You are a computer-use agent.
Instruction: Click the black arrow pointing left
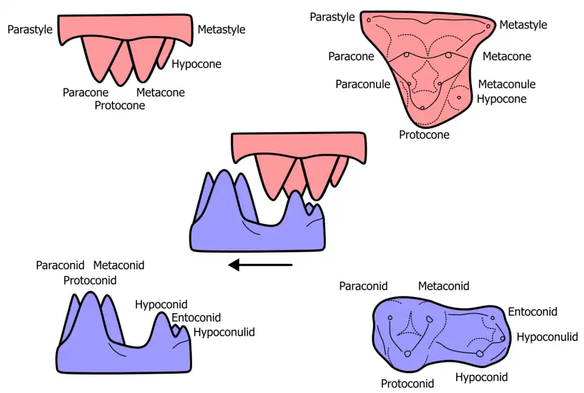(260, 265)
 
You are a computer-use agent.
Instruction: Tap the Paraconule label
(363, 84)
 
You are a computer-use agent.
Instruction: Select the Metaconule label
(507, 84)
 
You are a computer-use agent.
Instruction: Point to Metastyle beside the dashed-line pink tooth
(523, 25)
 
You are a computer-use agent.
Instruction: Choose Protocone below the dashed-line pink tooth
(424, 134)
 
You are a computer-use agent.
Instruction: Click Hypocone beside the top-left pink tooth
(196, 64)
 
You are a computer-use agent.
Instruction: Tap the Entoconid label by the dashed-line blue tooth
(532, 312)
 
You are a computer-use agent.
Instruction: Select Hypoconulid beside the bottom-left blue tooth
(224, 332)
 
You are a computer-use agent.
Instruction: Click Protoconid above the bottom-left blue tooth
(90, 280)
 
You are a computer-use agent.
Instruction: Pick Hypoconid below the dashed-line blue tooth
(481, 377)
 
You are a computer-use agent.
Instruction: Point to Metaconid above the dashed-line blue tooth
(443, 285)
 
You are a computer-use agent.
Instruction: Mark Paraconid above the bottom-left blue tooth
(60, 265)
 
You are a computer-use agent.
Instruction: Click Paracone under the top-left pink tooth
(86, 92)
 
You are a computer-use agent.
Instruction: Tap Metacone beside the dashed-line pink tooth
(507, 57)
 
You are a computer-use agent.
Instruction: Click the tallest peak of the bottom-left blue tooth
(91, 295)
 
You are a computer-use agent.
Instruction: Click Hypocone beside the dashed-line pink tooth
(502, 99)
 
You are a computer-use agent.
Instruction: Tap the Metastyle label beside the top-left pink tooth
(221, 29)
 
